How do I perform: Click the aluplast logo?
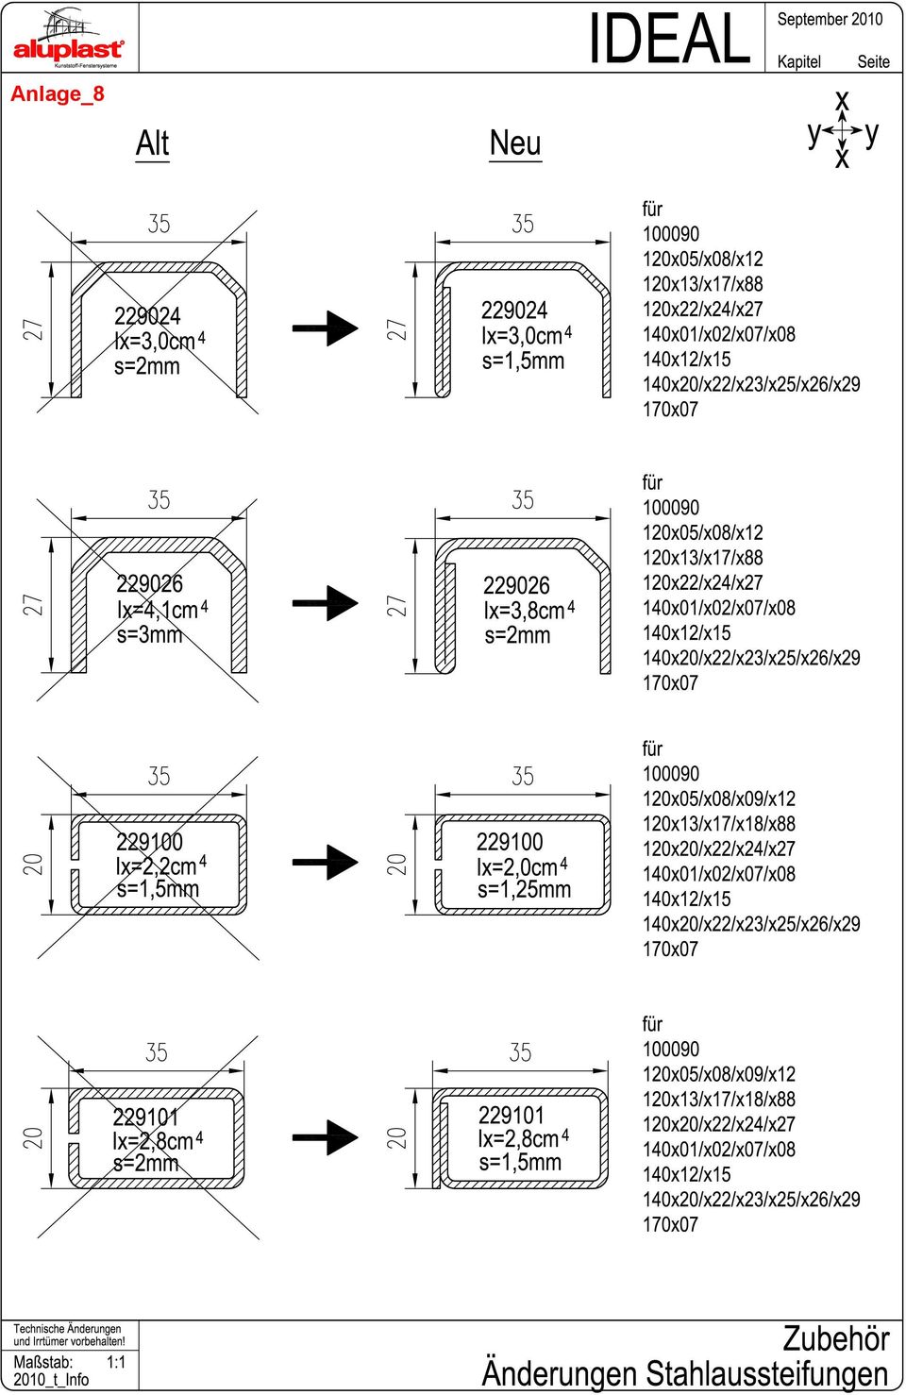(69, 39)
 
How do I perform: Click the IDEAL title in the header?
(669, 39)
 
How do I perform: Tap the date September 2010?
(830, 20)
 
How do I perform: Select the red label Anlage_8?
(58, 94)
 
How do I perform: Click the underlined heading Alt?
(153, 143)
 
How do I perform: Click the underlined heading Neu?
(515, 143)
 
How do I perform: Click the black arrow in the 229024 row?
(326, 328)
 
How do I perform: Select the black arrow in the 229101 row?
(326, 1137)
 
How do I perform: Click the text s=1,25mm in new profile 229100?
(525, 889)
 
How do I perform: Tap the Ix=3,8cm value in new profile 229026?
(529, 611)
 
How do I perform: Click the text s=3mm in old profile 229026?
(149, 635)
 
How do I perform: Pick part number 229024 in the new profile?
(514, 311)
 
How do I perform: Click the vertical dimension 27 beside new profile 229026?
(396, 605)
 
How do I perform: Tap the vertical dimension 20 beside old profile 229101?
(32, 1137)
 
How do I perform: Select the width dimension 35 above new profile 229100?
(523, 776)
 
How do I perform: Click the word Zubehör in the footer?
(836, 1338)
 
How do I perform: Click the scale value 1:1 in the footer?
(116, 1362)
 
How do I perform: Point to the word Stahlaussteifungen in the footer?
(767, 1374)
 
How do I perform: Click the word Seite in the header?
(874, 61)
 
